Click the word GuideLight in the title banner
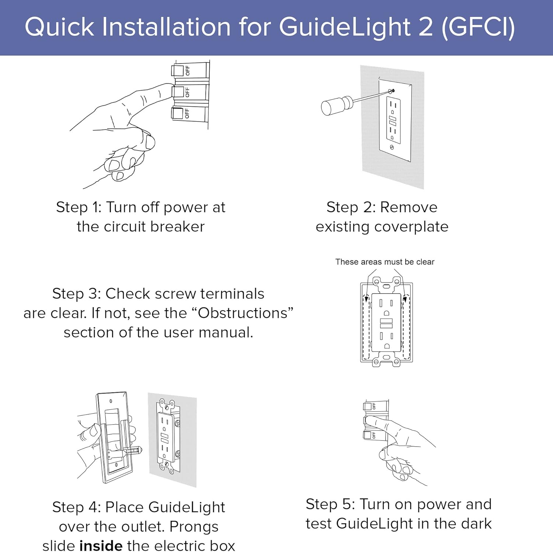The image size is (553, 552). (345, 27)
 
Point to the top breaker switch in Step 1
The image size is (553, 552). (178, 70)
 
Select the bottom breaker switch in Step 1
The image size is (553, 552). (178, 113)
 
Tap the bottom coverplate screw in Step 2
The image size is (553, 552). (392, 147)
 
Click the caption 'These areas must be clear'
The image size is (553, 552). (385, 262)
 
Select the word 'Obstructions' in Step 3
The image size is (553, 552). (243, 313)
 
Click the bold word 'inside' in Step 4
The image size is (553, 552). (101, 545)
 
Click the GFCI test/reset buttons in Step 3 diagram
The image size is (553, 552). (386, 323)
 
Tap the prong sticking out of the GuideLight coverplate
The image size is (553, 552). (133, 450)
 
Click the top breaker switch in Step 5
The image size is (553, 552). (368, 406)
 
